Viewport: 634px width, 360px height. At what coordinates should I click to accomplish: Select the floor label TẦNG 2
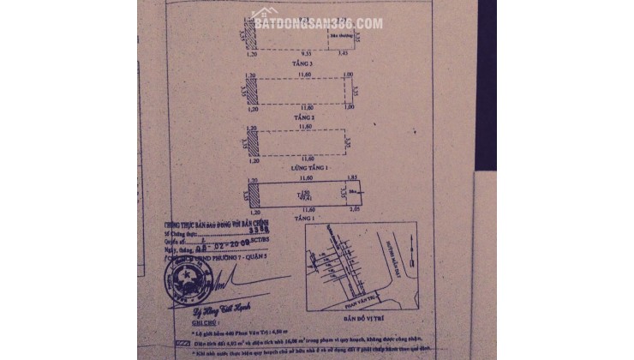point(300,117)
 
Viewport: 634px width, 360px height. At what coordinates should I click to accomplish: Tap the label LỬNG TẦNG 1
point(300,169)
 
